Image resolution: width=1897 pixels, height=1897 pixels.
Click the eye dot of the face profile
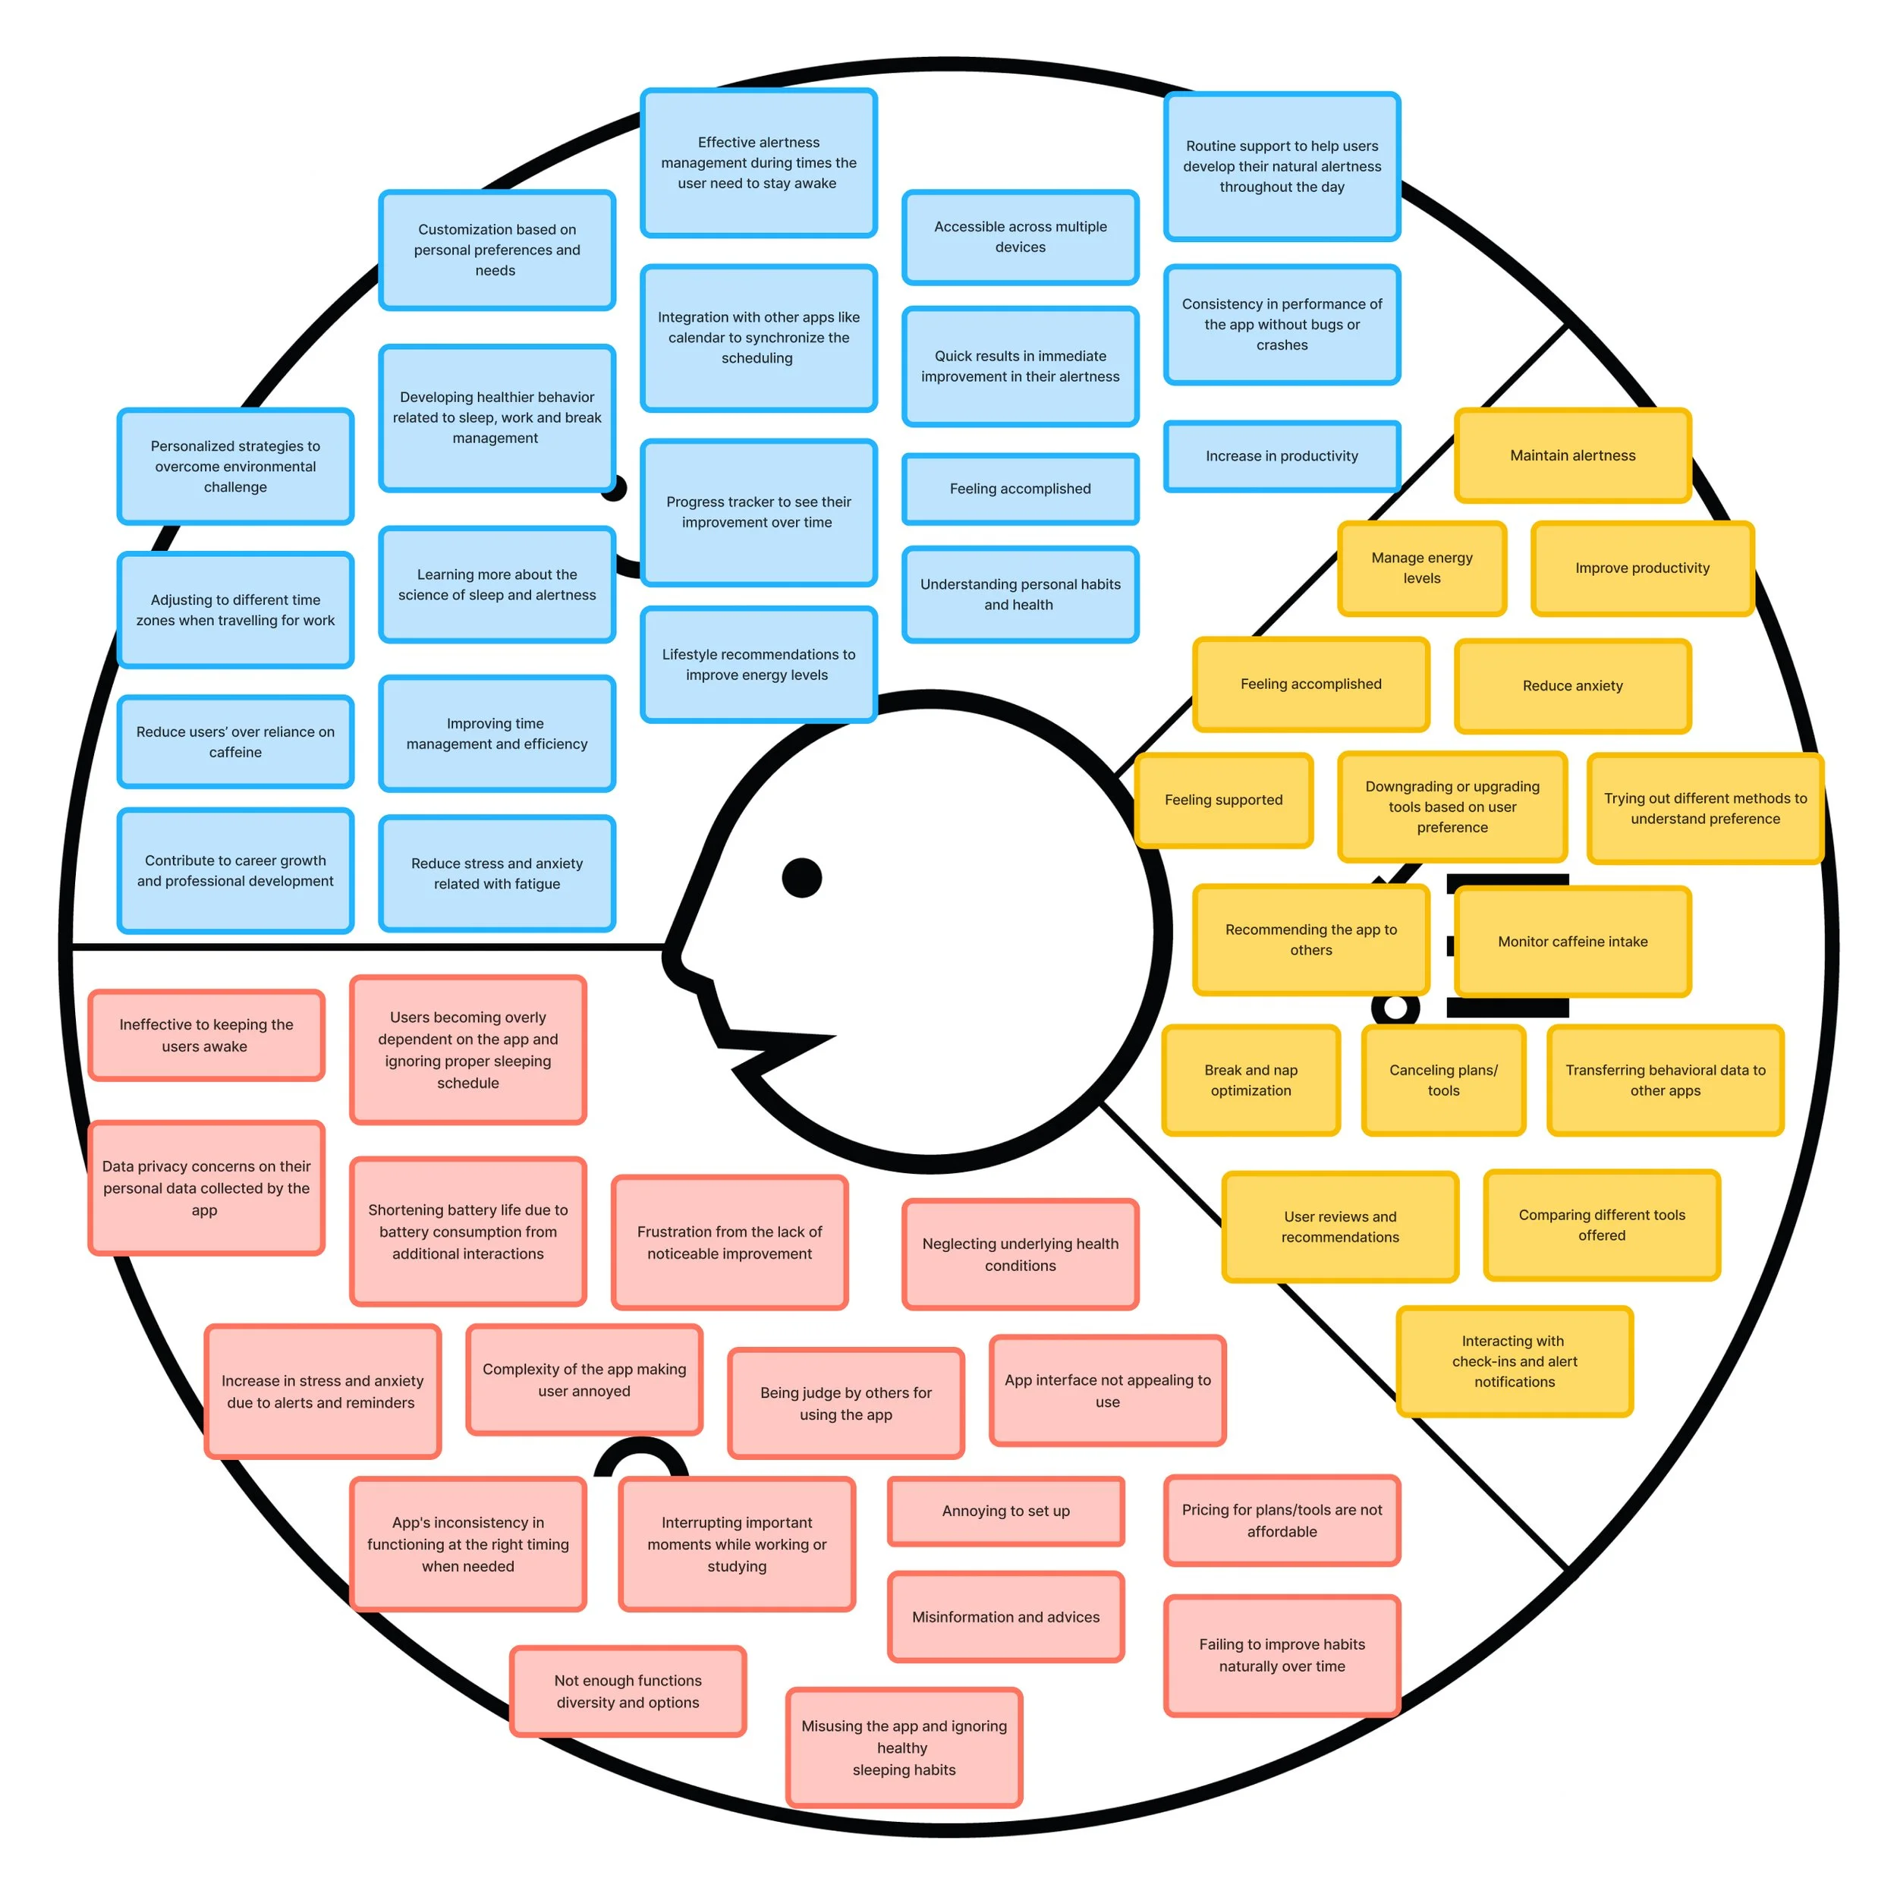[801, 877]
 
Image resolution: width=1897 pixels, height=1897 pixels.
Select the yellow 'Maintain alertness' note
[1572, 455]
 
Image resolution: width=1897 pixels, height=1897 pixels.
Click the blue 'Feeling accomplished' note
[1020, 489]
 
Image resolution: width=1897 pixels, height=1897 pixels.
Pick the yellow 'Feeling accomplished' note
[1310, 684]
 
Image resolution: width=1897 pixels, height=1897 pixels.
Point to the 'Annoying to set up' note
[1005, 1511]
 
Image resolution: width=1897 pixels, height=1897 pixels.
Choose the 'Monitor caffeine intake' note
[1572, 942]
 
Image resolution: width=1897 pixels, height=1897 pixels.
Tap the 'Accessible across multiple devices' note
[1020, 237]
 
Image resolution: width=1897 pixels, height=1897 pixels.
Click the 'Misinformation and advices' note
[1005, 1617]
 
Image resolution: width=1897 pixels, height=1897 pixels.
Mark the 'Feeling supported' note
[1223, 801]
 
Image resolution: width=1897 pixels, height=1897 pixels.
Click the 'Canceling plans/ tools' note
[1443, 1080]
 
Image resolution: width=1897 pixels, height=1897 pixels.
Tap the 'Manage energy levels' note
[1422, 568]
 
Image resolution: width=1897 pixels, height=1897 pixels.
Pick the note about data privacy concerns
[206, 1188]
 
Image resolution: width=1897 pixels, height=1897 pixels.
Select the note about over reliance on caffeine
[236, 742]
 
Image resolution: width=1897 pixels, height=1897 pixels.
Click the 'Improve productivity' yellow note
[1642, 568]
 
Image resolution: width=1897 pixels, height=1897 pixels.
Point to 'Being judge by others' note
[845, 1403]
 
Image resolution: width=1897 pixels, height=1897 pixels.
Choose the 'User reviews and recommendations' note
[1340, 1226]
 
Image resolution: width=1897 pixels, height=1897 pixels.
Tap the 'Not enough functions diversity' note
[628, 1692]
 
